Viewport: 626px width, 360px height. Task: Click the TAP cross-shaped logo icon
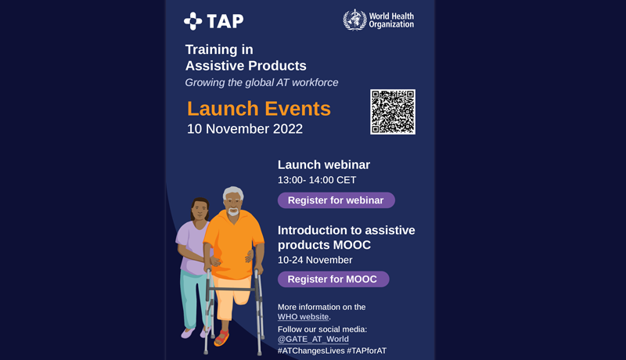(192, 21)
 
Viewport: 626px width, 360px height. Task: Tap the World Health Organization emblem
(354, 20)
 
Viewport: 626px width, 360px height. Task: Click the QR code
(393, 112)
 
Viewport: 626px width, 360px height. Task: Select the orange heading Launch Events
(259, 109)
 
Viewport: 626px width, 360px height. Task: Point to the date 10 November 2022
(245, 129)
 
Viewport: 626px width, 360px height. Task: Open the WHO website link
(303, 317)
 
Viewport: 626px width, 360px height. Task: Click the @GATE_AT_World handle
(313, 339)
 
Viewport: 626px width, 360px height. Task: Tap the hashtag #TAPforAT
(366, 351)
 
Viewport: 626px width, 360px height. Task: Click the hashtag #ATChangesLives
(311, 351)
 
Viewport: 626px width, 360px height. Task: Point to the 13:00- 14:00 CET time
(317, 180)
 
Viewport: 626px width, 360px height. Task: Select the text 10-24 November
(315, 261)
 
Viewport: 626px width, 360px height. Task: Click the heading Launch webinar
(324, 165)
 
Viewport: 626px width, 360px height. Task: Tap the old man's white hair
(233, 193)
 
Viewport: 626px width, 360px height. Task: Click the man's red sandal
(221, 338)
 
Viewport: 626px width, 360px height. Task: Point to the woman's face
(200, 210)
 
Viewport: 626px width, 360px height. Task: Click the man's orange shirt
(233, 244)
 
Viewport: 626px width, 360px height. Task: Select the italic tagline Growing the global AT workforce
(261, 83)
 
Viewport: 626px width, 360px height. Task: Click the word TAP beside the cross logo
(225, 21)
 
